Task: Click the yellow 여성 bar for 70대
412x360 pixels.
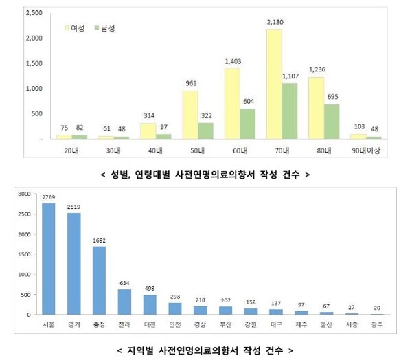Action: pyautogui.click(x=273, y=84)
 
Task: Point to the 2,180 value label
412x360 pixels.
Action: pyautogui.click(x=273, y=23)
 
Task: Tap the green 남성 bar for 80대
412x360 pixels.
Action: pyautogui.click(x=331, y=122)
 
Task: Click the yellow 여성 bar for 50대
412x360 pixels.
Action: pyautogui.click(x=190, y=115)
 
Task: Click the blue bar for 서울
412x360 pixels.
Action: pyautogui.click(x=49, y=259)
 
